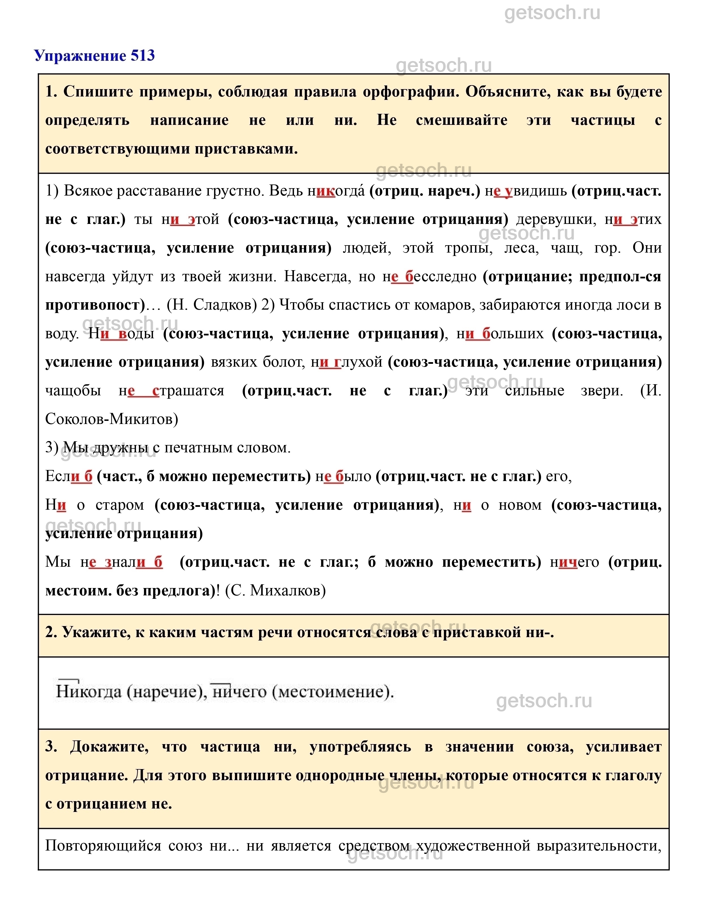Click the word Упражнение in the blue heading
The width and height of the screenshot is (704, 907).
click(81, 56)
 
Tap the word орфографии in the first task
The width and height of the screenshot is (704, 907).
click(410, 92)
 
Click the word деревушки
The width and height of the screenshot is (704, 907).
click(556, 219)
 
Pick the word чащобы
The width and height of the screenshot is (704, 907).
click(73, 391)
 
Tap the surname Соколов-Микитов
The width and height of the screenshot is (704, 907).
click(111, 419)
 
